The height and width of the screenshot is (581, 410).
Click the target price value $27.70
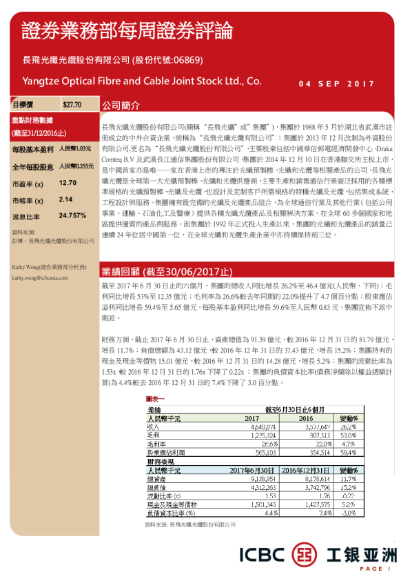(72, 105)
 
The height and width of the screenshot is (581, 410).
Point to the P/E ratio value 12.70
(68, 184)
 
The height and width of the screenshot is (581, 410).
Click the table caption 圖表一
(155, 399)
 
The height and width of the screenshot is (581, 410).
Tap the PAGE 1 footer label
(375, 569)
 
